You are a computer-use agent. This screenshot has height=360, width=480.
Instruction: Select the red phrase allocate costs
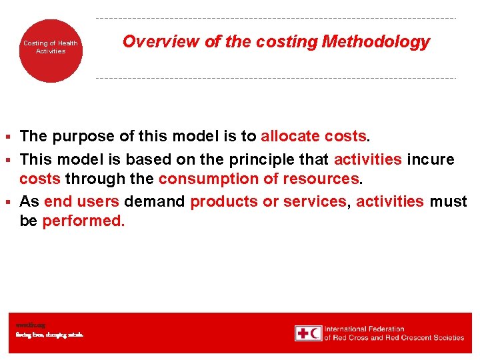313,137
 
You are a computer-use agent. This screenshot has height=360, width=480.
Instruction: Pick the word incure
431,159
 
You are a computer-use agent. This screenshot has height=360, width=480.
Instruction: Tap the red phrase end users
81,201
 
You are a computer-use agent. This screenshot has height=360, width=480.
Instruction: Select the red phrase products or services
268,201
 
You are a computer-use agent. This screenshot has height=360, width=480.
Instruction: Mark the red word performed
83,221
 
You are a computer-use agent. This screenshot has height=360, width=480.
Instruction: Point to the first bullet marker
8,137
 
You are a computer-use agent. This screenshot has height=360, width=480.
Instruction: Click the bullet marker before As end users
8,202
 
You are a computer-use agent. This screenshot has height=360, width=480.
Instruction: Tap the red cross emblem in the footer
308,333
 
